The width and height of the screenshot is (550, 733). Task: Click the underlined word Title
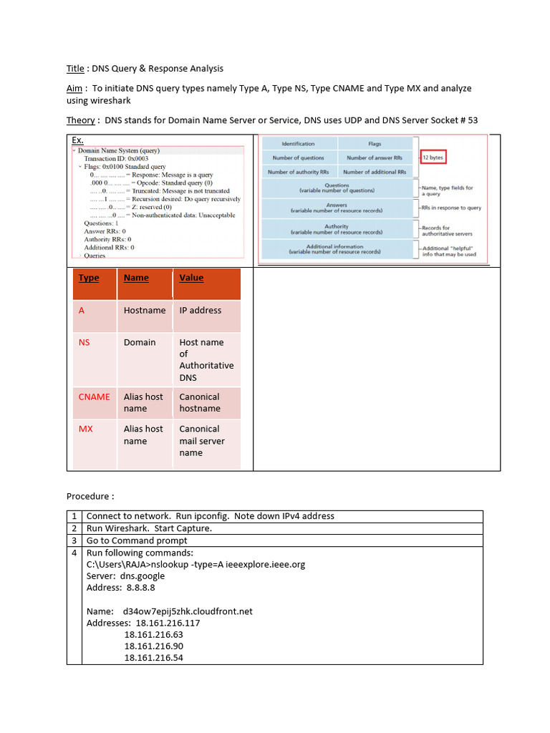pyautogui.click(x=75, y=69)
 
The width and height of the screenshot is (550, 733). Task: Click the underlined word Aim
pyautogui.click(x=75, y=88)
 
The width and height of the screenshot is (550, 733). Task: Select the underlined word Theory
pyautogui.click(x=81, y=120)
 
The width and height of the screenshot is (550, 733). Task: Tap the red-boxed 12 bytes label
pyautogui.click(x=433, y=157)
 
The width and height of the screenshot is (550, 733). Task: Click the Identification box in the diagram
pyautogui.click(x=298, y=144)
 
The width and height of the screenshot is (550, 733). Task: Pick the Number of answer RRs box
pyautogui.click(x=375, y=157)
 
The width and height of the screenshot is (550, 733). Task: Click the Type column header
pyautogui.click(x=89, y=278)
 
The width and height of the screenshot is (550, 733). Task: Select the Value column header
pyautogui.click(x=191, y=278)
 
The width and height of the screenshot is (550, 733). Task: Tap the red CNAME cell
pyautogui.click(x=95, y=397)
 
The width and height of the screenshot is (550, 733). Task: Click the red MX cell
pyautogui.click(x=85, y=429)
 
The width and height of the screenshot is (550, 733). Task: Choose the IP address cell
pyautogui.click(x=200, y=310)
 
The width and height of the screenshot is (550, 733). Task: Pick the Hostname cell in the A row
pyautogui.click(x=145, y=310)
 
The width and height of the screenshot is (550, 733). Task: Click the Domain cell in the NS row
pyautogui.click(x=140, y=342)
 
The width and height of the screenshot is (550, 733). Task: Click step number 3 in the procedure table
pyautogui.click(x=74, y=540)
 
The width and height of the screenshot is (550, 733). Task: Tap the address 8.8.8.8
pyautogui.click(x=136, y=588)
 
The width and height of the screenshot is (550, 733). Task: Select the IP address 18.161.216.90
pyautogui.click(x=153, y=646)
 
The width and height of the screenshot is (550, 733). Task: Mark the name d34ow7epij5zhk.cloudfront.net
pyautogui.click(x=188, y=611)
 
